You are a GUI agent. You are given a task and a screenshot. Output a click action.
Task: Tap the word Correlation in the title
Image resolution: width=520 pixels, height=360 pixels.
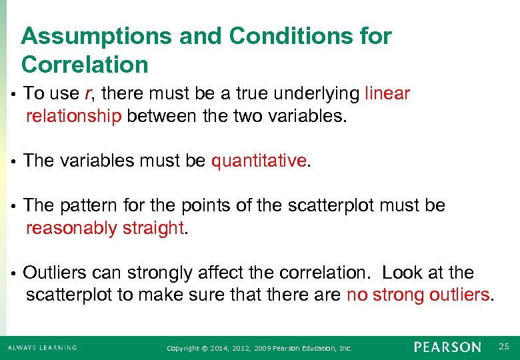(85, 65)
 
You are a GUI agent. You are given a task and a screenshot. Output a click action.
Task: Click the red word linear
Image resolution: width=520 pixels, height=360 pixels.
(387, 94)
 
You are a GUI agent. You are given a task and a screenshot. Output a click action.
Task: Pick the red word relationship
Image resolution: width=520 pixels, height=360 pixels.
(73, 117)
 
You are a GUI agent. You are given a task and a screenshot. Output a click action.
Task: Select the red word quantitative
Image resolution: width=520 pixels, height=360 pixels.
(259, 161)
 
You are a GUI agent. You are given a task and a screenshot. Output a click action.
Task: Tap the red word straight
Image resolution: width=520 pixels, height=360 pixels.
(153, 228)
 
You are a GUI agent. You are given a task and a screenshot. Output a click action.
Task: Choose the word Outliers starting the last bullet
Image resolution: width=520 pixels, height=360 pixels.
(55, 273)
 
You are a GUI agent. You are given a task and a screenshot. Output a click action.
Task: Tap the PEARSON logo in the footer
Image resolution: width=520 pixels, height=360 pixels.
(447, 347)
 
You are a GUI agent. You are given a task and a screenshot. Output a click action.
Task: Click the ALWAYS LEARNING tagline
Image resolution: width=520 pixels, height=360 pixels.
(43, 348)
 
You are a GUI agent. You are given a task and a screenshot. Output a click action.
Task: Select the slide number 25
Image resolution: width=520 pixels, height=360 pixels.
(503, 346)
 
